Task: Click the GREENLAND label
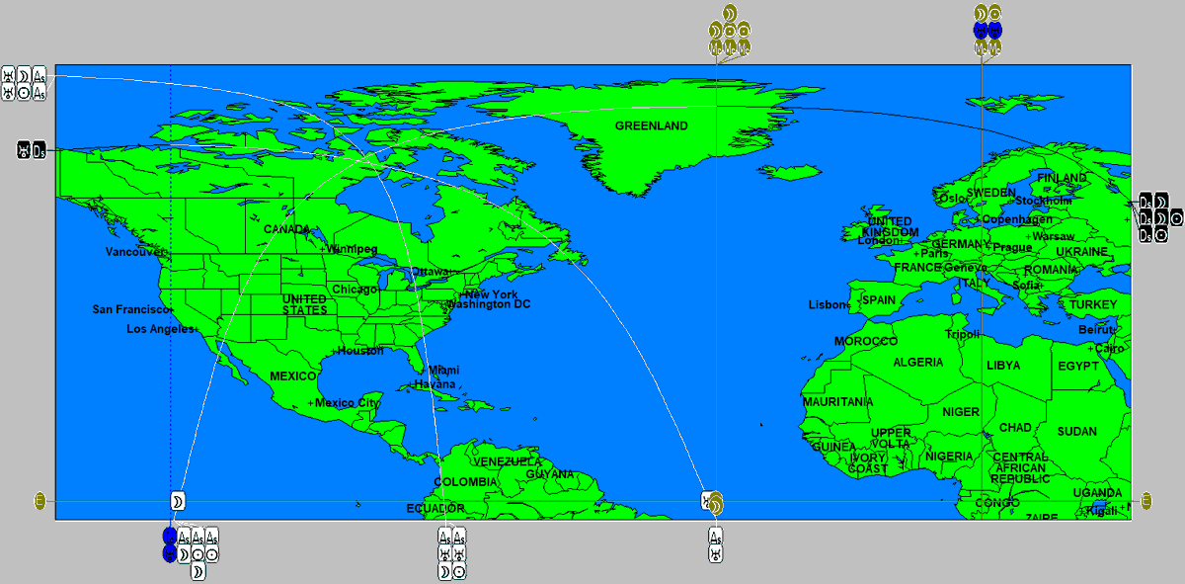point(651,126)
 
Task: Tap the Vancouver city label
point(135,252)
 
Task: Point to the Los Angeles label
point(160,329)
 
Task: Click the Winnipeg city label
point(353,249)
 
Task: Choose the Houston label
point(360,351)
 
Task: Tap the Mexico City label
point(347,403)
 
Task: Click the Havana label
point(435,384)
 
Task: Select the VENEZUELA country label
point(508,462)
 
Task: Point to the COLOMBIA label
point(465,482)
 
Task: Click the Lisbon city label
point(828,304)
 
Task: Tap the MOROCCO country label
point(866,342)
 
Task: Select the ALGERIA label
point(918,363)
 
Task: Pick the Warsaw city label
point(1054,237)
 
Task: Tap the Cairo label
point(1110,349)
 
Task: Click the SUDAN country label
point(1076,432)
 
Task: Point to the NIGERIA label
point(949,457)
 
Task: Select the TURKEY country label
point(1093,304)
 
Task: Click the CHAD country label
point(1015,428)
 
